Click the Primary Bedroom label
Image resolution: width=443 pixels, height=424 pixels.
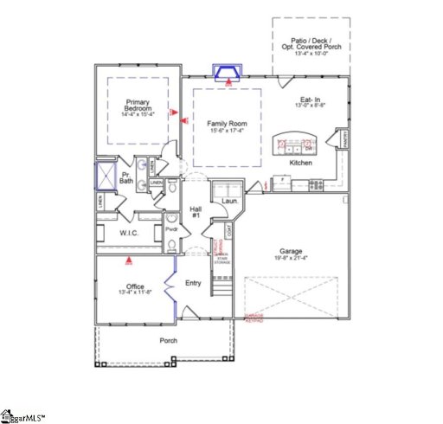pos(138,105)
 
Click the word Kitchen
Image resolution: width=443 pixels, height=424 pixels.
pos(300,163)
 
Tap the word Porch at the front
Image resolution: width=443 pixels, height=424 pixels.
pos(168,340)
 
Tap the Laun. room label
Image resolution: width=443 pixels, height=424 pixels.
pos(229,202)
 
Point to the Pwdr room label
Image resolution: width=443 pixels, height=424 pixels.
pos(171,230)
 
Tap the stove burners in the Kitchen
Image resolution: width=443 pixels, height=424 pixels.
pos(316,183)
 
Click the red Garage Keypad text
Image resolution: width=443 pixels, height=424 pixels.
pos(255,317)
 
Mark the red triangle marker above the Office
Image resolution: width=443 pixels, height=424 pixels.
pos(129,257)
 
